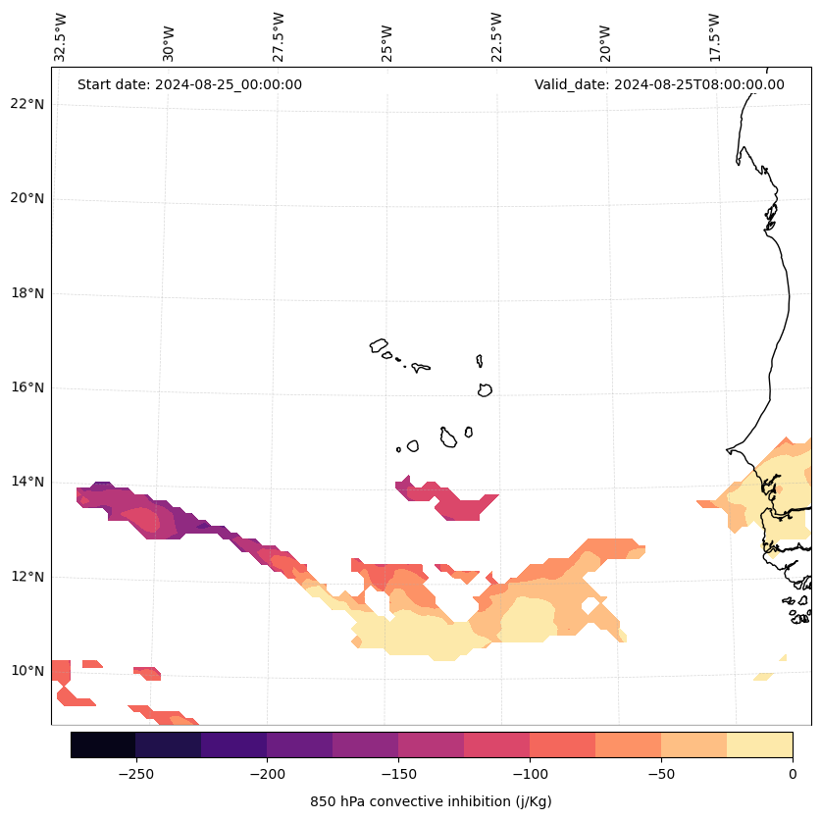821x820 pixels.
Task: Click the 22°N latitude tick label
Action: (x=27, y=104)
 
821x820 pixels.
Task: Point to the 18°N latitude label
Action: (x=27, y=293)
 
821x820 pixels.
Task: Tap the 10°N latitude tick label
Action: (x=27, y=671)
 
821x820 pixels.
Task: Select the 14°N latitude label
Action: (x=27, y=482)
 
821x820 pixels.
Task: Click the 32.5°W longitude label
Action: (x=61, y=37)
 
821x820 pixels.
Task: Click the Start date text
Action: (x=189, y=84)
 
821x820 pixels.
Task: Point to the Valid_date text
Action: (x=659, y=84)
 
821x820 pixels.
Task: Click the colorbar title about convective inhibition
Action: (x=431, y=801)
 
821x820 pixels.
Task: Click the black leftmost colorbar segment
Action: (x=103, y=744)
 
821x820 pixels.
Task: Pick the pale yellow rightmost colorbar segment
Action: (x=759, y=744)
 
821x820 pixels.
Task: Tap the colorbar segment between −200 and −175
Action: (x=299, y=744)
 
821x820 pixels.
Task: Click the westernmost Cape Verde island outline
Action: (x=379, y=345)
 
